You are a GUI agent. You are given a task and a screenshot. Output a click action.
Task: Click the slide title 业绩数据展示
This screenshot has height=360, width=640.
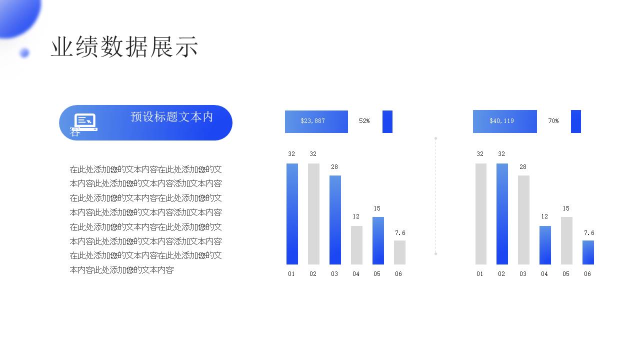click(x=124, y=46)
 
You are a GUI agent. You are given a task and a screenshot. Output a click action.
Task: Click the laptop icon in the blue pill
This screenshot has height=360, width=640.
click(x=85, y=122)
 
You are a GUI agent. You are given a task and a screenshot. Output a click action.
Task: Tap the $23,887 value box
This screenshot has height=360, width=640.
click(x=316, y=121)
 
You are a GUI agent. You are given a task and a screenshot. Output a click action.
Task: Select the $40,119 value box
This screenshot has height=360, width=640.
click(x=505, y=121)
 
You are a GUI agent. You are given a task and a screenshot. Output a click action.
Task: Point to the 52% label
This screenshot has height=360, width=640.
click(x=364, y=121)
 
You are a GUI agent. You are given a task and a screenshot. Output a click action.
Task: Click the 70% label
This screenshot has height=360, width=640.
click(x=553, y=121)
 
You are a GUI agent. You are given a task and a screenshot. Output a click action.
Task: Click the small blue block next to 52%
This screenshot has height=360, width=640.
click(x=387, y=121)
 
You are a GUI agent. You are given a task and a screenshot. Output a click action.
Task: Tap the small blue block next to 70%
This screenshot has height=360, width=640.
click(x=575, y=121)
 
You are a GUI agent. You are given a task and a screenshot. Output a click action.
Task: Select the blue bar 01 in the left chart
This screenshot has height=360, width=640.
click(x=292, y=213)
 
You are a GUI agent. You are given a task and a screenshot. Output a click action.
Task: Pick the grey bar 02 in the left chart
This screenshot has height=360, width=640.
click(x=313, y=213)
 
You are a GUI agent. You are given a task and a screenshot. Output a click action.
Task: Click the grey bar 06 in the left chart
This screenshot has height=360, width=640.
click(x=399, y=252)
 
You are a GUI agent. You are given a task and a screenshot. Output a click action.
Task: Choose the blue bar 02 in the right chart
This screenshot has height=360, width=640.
click(x=502, y=213)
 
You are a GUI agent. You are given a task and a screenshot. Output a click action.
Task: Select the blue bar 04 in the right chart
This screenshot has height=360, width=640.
click(x=545, y=245)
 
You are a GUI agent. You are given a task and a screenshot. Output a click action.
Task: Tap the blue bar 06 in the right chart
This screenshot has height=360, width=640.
click(x=588, y=252)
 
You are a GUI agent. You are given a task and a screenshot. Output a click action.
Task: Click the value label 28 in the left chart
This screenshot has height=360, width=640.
click(x=334, y=167)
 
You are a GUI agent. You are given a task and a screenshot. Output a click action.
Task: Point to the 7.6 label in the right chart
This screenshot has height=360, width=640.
click(x=589, y=233)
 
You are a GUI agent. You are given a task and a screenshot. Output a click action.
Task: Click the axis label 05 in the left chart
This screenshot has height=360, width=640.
click(x=377, y=274)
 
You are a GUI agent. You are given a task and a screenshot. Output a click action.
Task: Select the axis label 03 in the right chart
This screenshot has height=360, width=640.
click(x=523, y=274)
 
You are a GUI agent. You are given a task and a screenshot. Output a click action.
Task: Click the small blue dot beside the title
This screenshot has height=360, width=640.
click(x=24, y=53)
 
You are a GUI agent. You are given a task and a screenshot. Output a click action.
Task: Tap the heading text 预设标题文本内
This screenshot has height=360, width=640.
click(x=171, y=117)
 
